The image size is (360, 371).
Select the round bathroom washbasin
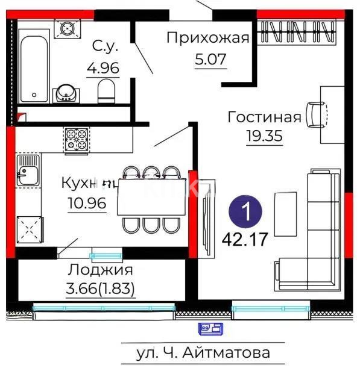[x=66, y=93]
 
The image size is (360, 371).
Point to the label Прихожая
[x=207, y=39]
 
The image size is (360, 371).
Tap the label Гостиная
[x=264, y=116]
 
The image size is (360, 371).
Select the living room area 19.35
[x=264, y=136]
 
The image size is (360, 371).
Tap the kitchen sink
[x=27, y=174]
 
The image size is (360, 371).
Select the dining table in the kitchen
[x=151, y=198]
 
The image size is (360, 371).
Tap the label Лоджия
[x=100, y=270]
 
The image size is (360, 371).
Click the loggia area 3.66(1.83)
[x=100, y=289]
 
